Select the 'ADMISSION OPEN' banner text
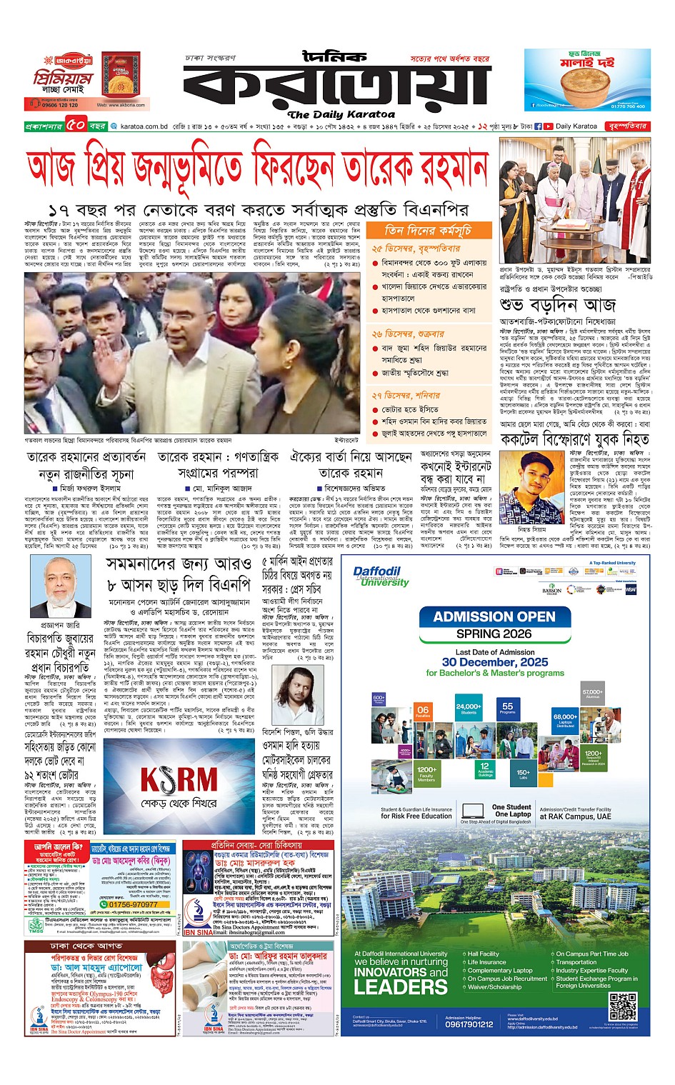[x=494, y=616]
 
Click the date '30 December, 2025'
[x=494, y=662]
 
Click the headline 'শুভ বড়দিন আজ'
[x=557, y=305]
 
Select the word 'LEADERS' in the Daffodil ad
[x=400, y=988]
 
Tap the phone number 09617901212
[x=469, y=1024]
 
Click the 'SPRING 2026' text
[x=494, y=634]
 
